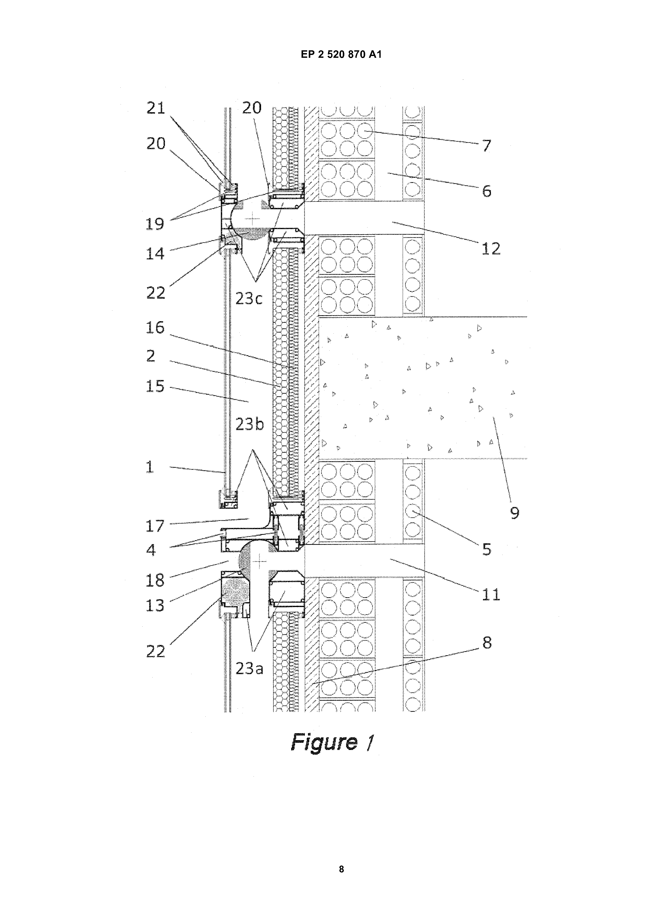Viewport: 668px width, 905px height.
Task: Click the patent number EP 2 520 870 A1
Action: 341,54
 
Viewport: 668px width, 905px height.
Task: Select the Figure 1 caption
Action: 332,742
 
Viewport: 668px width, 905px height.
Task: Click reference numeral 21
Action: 156,108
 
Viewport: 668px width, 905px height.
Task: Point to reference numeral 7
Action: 487,145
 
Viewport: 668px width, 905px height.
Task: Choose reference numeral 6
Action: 487,191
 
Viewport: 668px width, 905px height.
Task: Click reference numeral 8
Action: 487,643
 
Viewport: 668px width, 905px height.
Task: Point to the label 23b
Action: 249,424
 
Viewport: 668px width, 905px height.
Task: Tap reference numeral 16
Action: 155,327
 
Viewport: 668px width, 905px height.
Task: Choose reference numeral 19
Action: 155,223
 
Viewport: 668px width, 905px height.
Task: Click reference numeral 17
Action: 155,526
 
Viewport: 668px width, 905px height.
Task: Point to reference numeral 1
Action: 150,467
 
